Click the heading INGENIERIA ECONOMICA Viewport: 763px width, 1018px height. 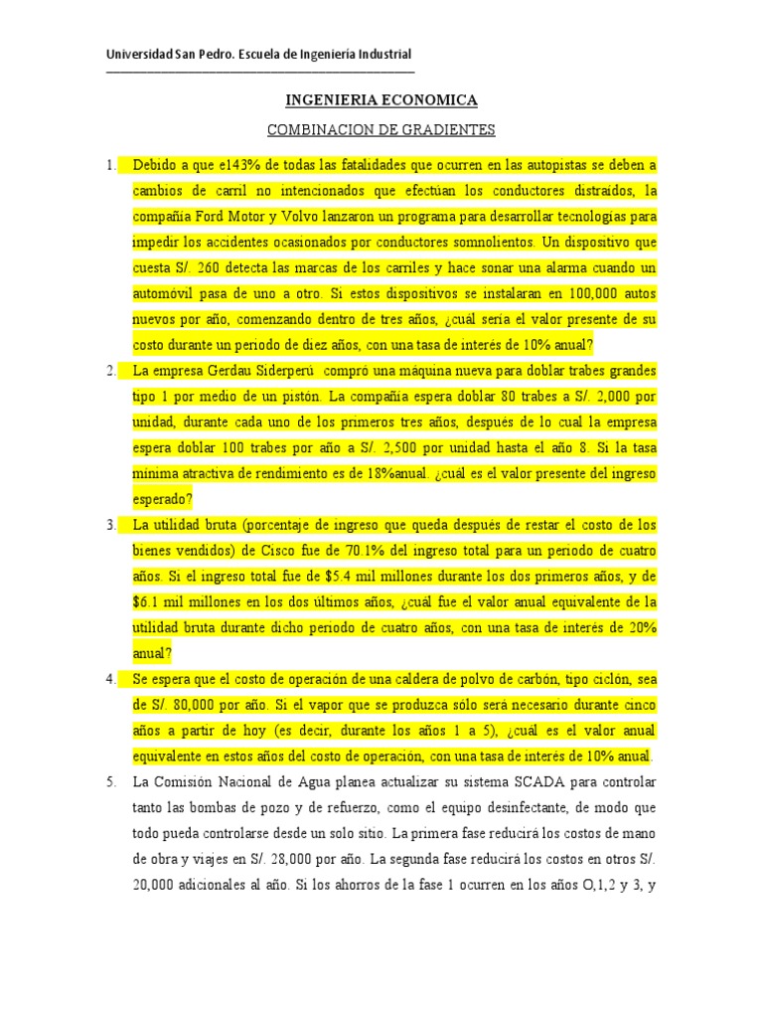tap(381, 100)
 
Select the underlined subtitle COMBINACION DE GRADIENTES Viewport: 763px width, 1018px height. tap(381, 130)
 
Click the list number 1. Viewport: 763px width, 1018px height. tap(111, 164)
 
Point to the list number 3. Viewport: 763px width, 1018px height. tap(111, 524)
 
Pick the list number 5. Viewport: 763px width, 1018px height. tap(111, 782)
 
